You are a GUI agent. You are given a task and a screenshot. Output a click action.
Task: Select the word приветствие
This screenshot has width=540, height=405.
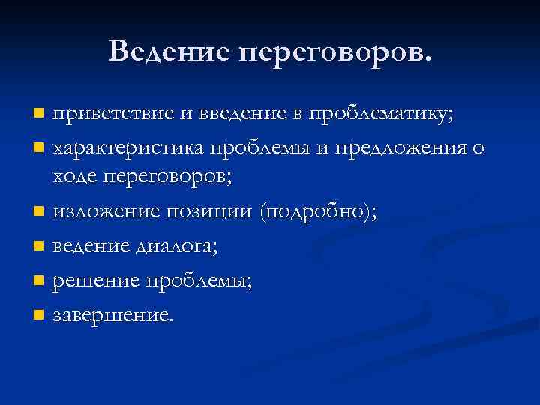click(112, 114)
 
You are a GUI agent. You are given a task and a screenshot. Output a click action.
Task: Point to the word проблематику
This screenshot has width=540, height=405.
click(384, 114)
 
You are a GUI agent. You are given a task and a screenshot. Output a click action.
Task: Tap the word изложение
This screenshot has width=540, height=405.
click(105, 211)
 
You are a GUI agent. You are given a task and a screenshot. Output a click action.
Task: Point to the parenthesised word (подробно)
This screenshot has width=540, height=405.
click(316, 211)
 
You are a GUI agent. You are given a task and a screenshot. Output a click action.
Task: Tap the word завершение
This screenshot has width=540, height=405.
click(112, 314)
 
